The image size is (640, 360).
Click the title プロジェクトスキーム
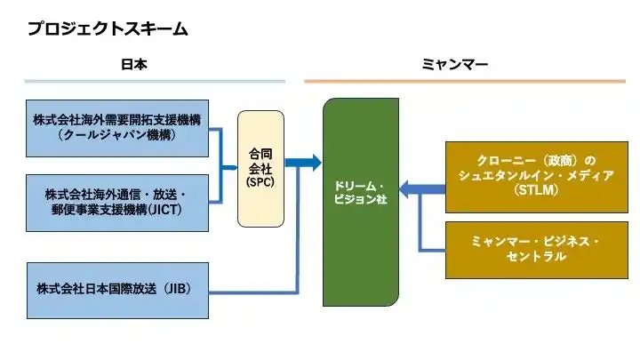pyautogui.click(x=107, y=28)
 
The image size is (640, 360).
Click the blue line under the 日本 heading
pyautogui.click(x=155, y=82)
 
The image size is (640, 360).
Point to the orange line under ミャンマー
pyautogui.click(x=464, y=82)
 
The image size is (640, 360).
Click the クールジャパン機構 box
pyautogui.click(x=117, y=128)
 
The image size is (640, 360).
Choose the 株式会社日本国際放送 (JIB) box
pyautogui.click(x=117, y=290)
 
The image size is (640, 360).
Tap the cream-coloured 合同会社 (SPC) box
pyautogui.click(x=260, y=168)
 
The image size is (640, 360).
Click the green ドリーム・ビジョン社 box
pyautogui.click(x=360, y=202)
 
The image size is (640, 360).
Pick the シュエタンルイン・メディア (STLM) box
pyautogui.click(x=536, y=176)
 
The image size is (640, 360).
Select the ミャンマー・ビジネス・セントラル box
pyautogui.click(x=536, y=249)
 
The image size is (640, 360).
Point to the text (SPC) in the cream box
pyautogui.click(x=260, y=181)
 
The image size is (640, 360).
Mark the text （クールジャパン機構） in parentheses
pyautogui.click(x=116, y=135)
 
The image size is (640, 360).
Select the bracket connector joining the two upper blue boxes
pyautogui.click(x=222, y=165)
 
